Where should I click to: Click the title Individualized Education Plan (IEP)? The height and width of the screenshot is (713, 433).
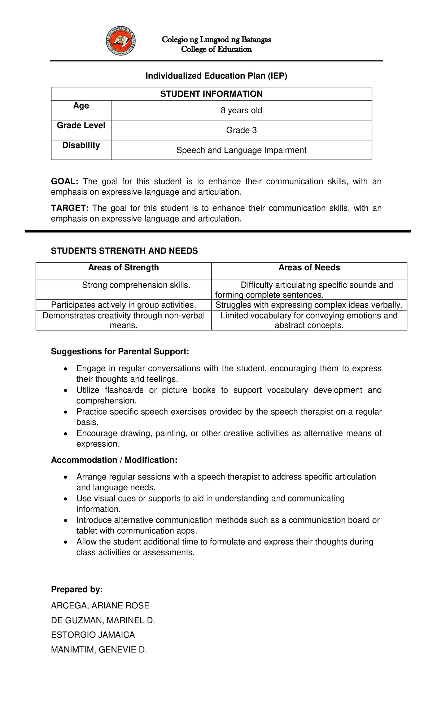coord(216,76)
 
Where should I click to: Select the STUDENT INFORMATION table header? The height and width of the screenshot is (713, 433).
coord(211,94)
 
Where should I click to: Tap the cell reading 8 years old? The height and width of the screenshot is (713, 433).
coord(241,110)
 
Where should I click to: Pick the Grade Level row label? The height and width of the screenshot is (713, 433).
coord(81,126)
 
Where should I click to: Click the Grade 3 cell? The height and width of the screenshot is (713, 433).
coord(241,130)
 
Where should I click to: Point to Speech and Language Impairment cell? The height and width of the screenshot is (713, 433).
coord(241,150)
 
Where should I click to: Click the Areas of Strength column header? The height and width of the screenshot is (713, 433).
coord(123,268)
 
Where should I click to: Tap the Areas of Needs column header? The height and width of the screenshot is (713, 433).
coord(309,268)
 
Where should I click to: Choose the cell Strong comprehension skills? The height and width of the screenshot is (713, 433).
coord(136,285)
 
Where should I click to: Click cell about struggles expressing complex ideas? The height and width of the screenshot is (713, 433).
coord(309,305)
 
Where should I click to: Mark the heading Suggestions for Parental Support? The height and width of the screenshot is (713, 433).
coord(120,351)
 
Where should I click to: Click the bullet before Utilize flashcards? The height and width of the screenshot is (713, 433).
coord(65,391)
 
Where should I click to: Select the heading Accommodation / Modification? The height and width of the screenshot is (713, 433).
coord(114,460)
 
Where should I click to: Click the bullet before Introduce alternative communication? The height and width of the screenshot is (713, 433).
coord(65,521)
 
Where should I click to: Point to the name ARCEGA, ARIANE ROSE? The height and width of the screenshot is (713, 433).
coord(100,605)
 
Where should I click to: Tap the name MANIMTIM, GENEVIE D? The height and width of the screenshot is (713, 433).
coord(99,650)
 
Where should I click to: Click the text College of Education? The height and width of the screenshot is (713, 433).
coord(216,49)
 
